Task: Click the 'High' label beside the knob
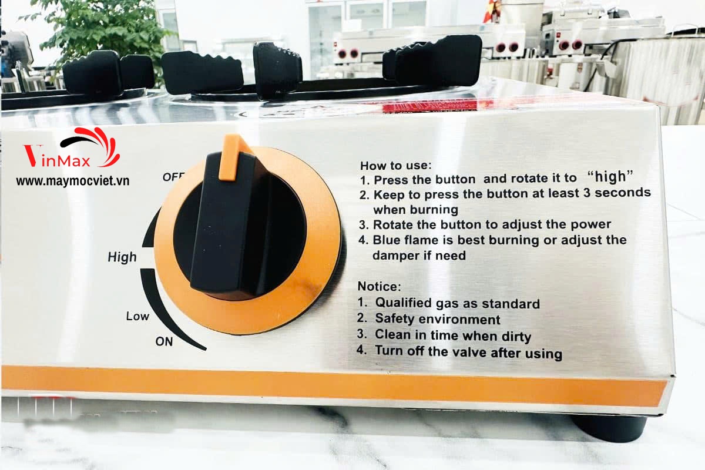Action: [122, 257]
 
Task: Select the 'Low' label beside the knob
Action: [137, 316]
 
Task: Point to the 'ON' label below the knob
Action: [164, 341]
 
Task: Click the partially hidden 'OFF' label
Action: [173, 177]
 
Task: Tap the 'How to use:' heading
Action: [396, 165]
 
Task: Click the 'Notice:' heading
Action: [380, 287]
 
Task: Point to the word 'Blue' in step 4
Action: [387, 240]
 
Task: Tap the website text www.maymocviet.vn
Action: [73, 181]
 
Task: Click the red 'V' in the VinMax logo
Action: [33, 156]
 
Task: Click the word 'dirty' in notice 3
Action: [516, 337]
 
